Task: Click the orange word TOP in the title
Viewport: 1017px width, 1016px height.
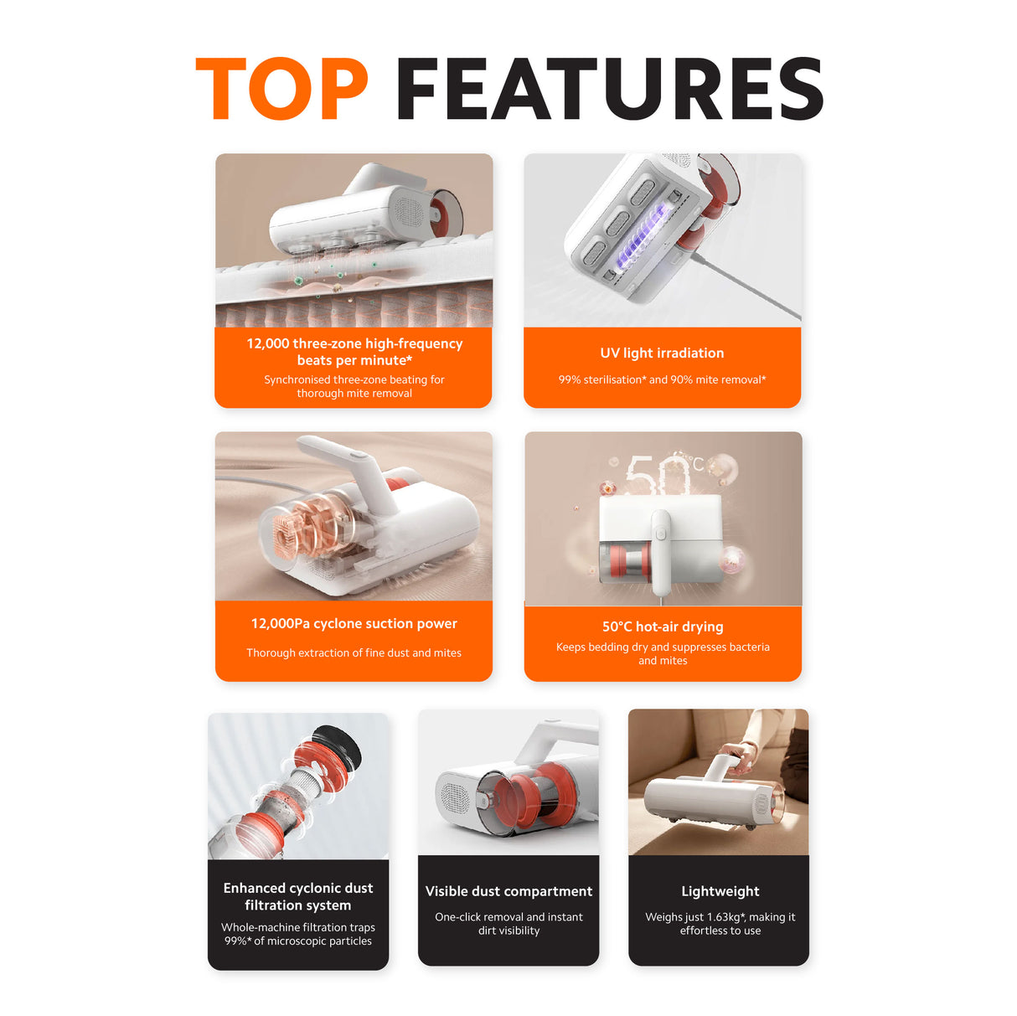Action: click(281, 89)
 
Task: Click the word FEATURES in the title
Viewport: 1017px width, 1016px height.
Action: click(610, 90)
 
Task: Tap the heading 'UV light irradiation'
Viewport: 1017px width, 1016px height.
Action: click(662, 353)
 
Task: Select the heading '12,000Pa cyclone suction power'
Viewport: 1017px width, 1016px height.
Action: click(354, 624)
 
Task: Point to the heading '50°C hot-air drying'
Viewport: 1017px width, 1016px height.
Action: click(663, 627)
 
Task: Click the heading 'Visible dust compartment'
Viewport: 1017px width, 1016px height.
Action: click(508, 891)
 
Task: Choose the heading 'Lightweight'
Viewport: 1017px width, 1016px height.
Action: click(720, 891)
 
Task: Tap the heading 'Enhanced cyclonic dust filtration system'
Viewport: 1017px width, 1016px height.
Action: click(298, 896)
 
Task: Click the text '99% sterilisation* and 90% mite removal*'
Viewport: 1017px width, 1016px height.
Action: click(662, 379)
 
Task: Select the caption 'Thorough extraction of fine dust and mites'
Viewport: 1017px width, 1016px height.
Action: click(354, 652)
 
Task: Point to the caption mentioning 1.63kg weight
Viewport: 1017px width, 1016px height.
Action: click(720, 923)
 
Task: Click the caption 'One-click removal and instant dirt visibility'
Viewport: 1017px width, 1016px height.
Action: click(508, 923)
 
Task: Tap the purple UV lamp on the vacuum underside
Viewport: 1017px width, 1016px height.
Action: click(641, 234)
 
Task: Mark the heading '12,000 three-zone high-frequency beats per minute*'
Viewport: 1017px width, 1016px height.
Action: click(354, 352)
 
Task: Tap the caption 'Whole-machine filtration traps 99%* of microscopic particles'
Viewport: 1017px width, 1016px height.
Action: click(298, 934)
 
